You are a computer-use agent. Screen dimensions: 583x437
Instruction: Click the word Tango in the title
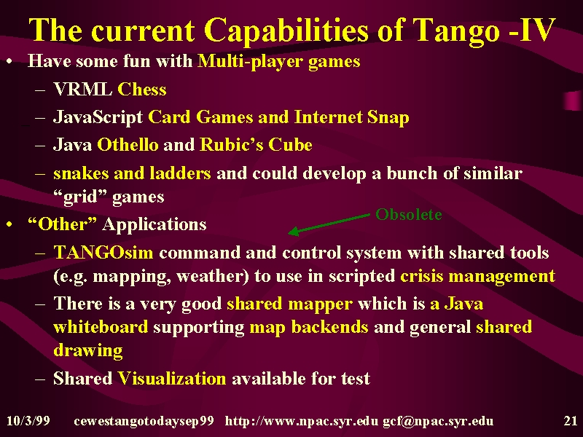[457, 31]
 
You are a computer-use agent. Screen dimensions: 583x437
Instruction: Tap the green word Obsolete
[409, 214]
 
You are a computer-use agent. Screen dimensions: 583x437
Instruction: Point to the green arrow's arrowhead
[294, 232]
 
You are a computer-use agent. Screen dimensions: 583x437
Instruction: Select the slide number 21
[570, 421]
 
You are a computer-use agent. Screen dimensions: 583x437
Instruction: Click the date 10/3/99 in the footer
[28, 421]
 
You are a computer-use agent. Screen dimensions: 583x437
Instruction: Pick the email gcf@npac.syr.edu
[438, 421]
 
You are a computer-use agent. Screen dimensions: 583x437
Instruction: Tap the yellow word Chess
[141, 89]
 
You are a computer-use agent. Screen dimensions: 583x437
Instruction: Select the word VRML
[83, 89]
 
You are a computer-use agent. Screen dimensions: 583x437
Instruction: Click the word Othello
[128, 144]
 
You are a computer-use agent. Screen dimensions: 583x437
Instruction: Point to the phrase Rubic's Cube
[256, 144]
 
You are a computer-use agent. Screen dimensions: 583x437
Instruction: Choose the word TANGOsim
[103, 252]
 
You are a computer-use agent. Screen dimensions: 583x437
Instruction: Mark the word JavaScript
[98, 118]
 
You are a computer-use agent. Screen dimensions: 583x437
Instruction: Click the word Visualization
[172, 378]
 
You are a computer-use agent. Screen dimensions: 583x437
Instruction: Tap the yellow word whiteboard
[101, 327]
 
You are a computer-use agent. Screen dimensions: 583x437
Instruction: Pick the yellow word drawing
[88, 351]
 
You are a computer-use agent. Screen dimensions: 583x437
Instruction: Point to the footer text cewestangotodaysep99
[144, 422]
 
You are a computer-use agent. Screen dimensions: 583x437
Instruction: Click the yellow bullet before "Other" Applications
[9, 224]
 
